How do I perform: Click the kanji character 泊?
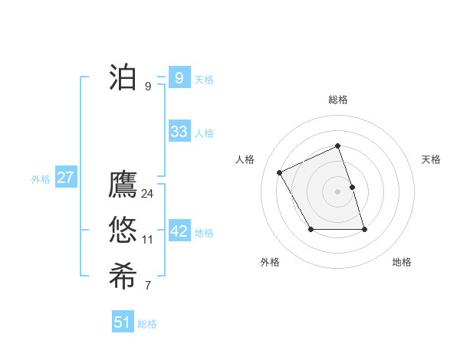[123, 77]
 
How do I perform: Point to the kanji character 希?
[123, 276]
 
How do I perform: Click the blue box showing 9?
[179, 77]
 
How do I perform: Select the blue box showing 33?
[179, 131]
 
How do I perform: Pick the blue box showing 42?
[179, 231]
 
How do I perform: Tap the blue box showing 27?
[65, 178]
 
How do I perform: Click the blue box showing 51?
[123, 322]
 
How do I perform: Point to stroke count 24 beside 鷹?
[147, 194]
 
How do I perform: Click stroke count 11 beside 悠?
[147, 240]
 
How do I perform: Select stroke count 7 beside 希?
[147, 286]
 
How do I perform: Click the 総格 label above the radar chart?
[338, 100]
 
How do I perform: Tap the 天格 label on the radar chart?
[431, 159]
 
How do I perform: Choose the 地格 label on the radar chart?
[402, 262]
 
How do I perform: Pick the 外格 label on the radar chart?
[270, 262]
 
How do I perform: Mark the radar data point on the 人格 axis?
[279, 172]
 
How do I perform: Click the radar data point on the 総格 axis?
[338, 146]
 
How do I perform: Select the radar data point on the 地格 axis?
[364, 229]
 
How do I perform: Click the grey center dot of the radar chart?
[338, 191]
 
